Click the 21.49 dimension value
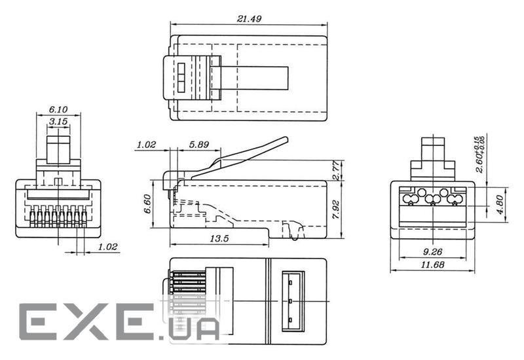pos(248,19)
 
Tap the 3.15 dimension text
pos(58,122)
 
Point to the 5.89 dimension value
pos(196,145)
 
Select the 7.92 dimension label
pos(335,209)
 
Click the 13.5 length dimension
pos(219,239)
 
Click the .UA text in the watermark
pos(192,327)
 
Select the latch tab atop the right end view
pos(434,151)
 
